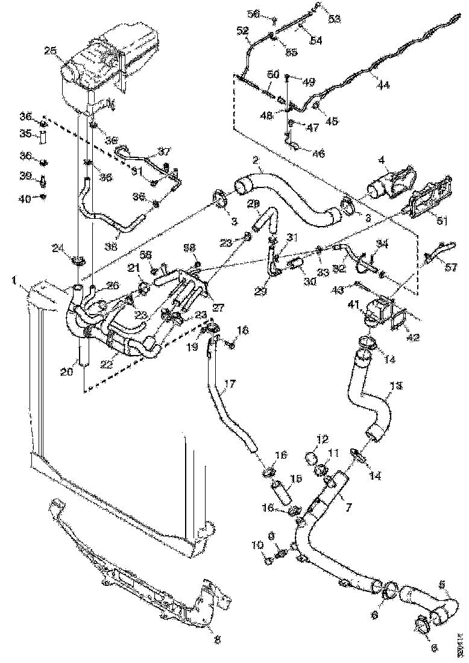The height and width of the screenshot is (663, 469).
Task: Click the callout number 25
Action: click(51, 52)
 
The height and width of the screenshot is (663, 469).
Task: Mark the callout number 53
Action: click(333, 19)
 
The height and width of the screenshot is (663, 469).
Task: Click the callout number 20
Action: click(66, 372)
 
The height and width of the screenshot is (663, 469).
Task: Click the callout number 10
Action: click(258, 545)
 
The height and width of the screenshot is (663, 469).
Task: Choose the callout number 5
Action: click(442, 584)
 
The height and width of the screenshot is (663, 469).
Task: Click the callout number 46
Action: click(318, 154)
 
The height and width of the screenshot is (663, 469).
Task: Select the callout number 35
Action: click(25, 133)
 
